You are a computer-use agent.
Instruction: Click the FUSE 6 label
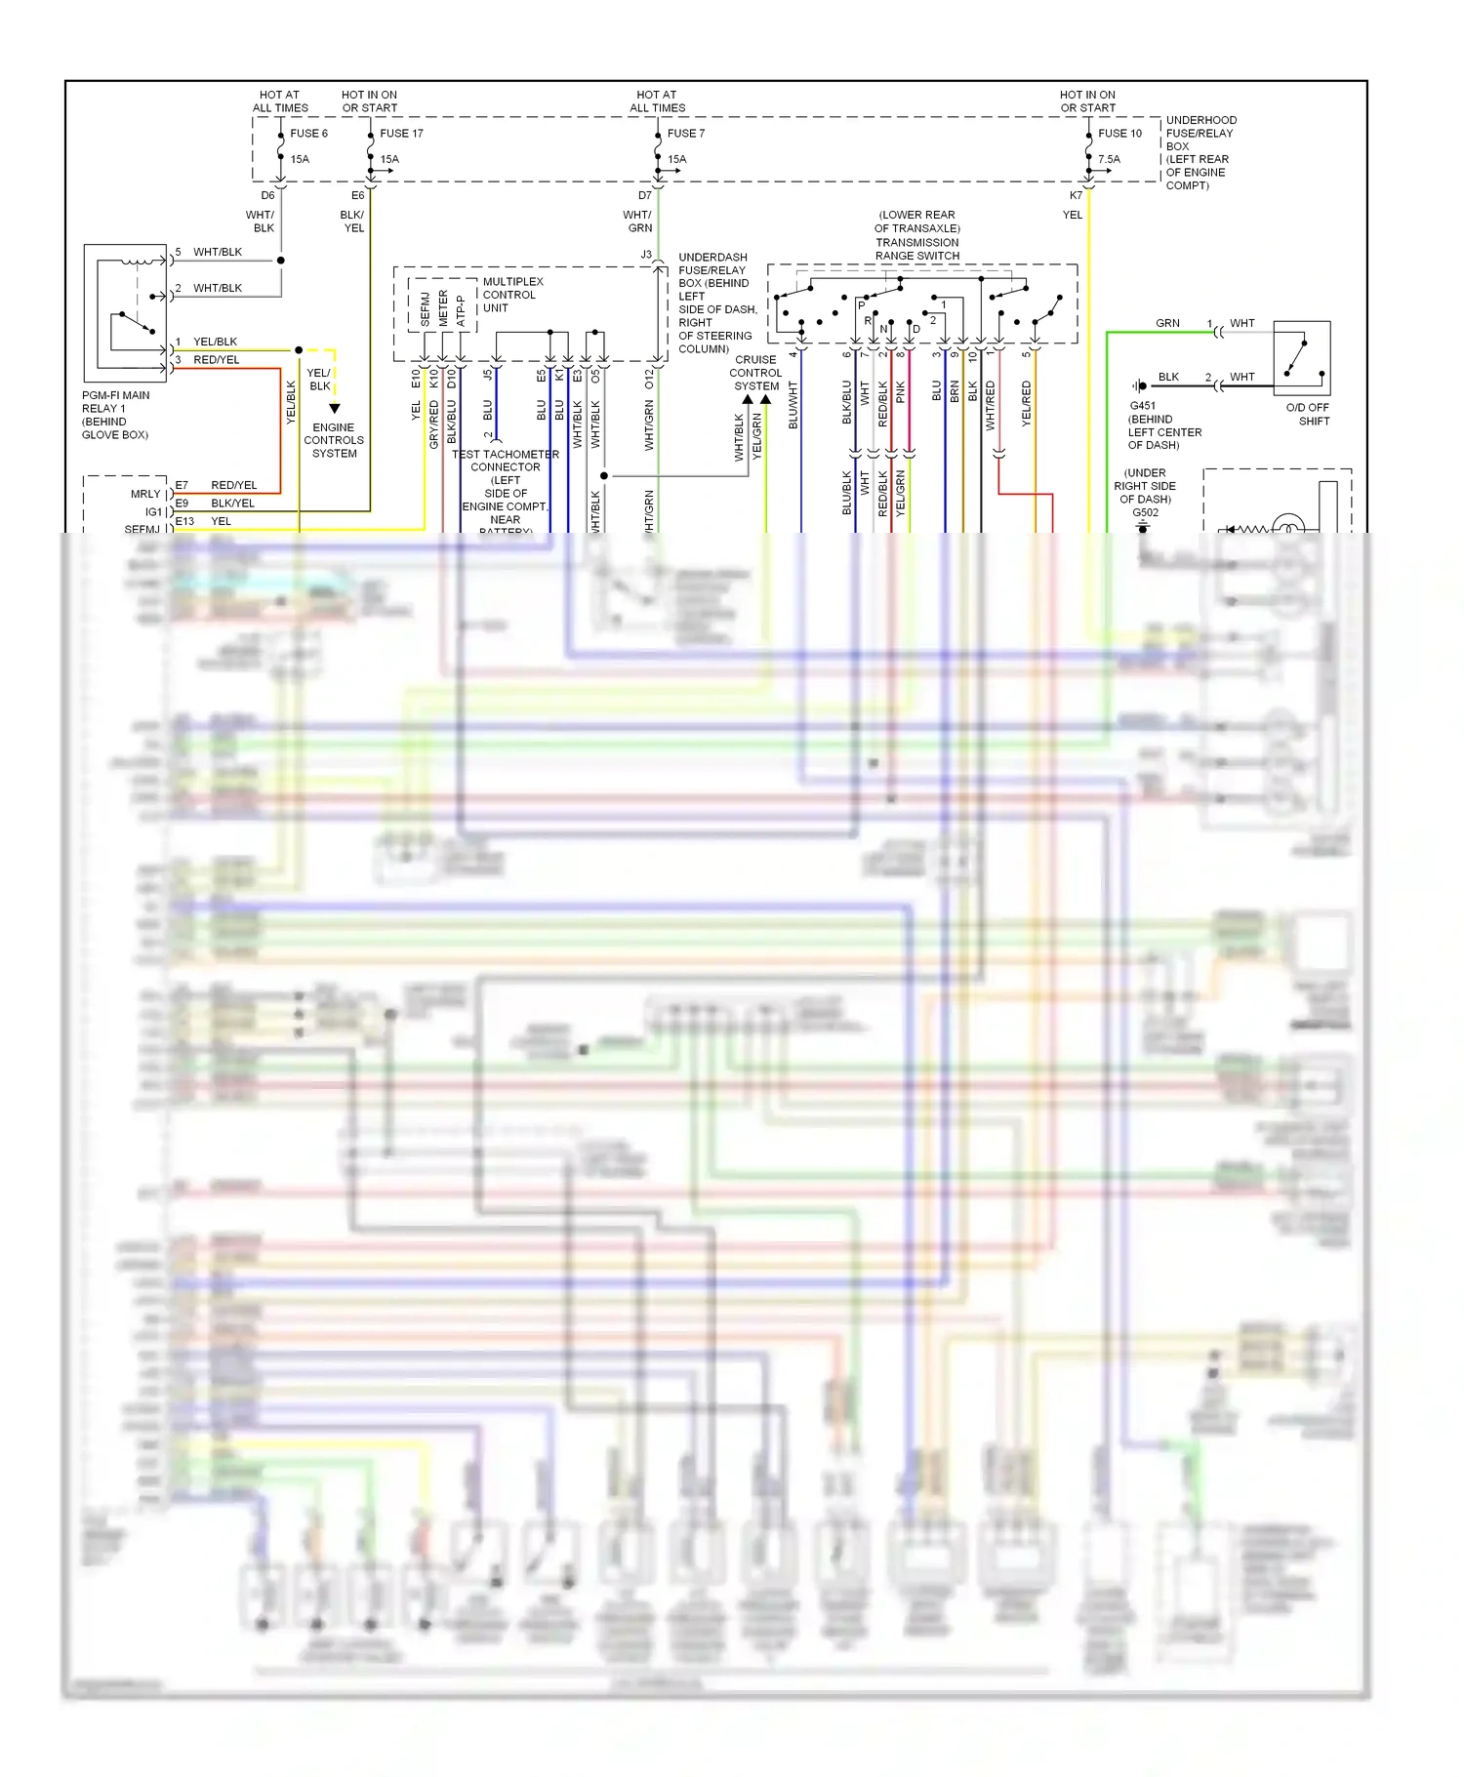point(308,134)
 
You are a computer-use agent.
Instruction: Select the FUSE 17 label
point(401,134)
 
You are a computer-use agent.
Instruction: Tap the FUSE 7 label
point(685,134)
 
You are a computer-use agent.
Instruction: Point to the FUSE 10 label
point(1119,134)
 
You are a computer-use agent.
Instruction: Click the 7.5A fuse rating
point(1109,159)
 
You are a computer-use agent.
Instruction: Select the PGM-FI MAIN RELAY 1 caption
point(115,415)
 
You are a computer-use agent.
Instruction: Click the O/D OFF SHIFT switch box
point(1302,357)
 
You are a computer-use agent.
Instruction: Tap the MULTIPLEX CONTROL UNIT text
point(512,295)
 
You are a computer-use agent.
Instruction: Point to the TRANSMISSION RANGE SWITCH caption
point(916,235)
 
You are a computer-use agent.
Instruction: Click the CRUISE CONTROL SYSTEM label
point(755,373)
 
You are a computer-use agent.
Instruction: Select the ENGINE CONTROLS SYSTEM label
point(334,440)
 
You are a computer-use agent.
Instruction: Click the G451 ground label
point(1143,406)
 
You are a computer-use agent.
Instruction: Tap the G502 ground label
point(1146,512)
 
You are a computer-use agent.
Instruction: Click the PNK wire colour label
point(900,392)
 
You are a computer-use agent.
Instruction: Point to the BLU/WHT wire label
point(793,405)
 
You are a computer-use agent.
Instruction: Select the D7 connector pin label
point(645,196)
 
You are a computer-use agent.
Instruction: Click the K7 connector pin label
point(1076,196)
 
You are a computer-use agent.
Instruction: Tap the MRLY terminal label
point(145,494)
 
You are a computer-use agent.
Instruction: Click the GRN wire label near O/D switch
point(1167,323)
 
